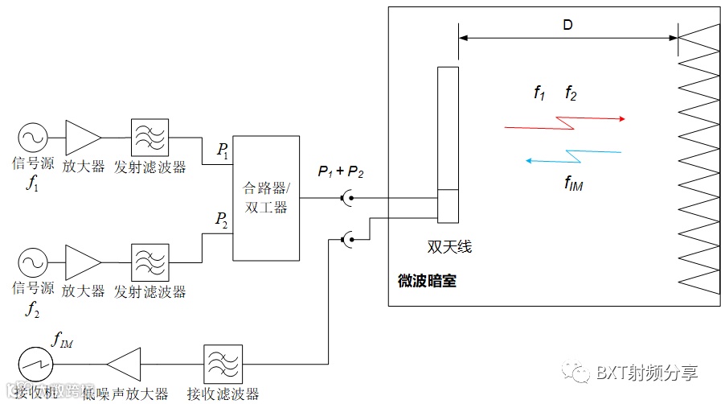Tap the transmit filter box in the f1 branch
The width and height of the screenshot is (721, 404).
point(150,138)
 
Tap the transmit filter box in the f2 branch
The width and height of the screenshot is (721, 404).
point(150,262)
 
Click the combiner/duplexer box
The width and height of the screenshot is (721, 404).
point(265,197)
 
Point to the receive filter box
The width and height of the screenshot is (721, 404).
point(223,365)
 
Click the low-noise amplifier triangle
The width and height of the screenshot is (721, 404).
point(125,365)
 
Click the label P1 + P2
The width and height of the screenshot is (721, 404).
point(340,171)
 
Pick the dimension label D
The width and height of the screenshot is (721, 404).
point(567,25)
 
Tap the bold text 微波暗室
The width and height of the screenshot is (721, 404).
point(427,282)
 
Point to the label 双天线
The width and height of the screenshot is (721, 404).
point(449,246)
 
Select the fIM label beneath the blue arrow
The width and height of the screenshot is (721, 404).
point(573,183)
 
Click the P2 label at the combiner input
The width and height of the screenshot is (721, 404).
point(221,219)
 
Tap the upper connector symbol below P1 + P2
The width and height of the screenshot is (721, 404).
point(346,197)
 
